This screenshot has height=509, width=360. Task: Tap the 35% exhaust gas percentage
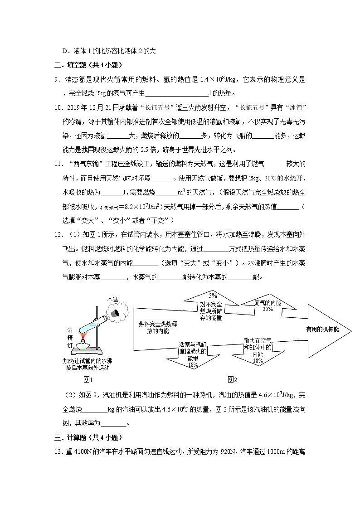point(268,309)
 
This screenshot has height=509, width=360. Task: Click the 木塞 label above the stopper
point(112,299)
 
